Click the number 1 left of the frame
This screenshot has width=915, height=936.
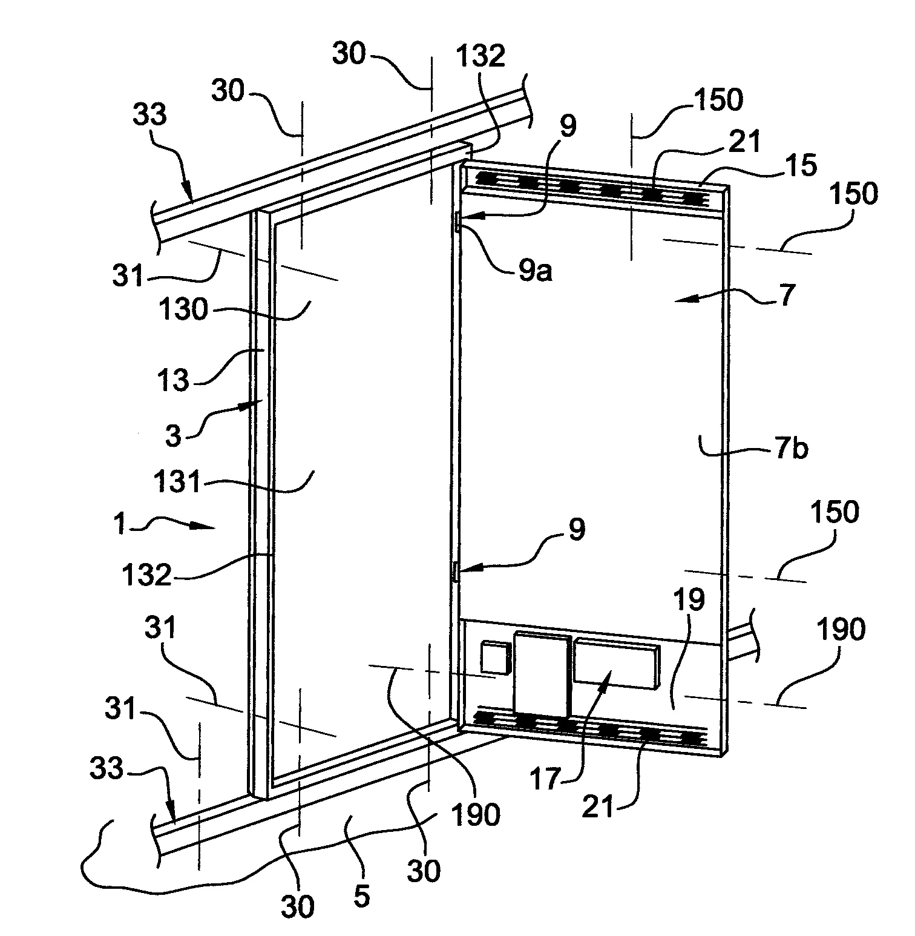[120, 524]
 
